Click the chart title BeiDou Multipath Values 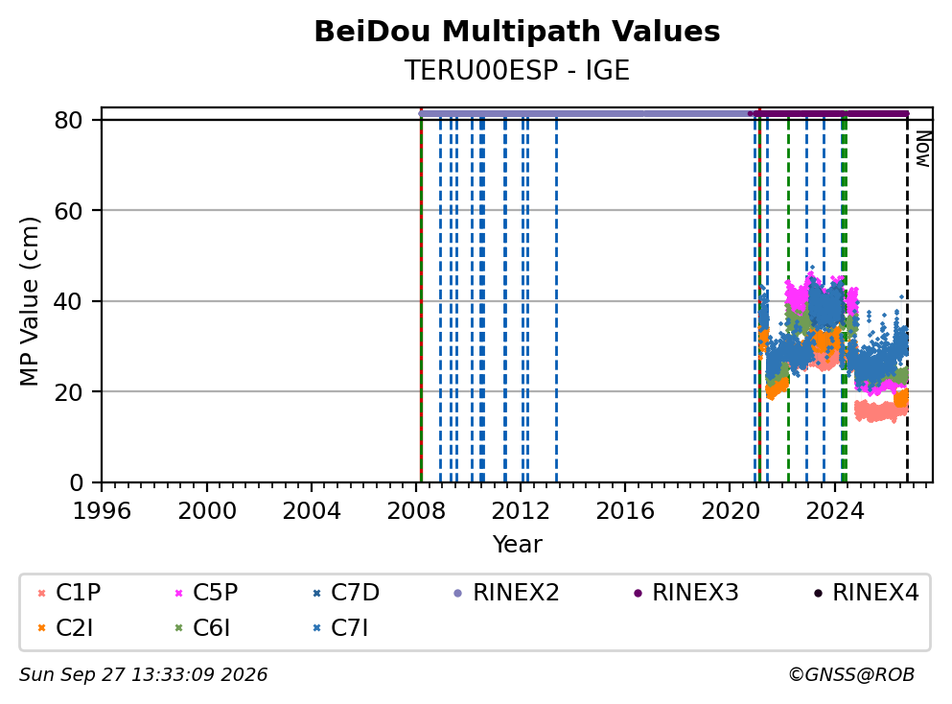tap(517, 32)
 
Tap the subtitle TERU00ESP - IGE tap(517, 70)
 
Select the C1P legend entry tap(69, 592)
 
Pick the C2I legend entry tap(65, 627)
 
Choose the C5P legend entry tap(206, 592)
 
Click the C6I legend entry tap(202, 627)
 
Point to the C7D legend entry tap(345, 592)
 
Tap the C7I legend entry tap(340, 627)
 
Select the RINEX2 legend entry tap(506, 592)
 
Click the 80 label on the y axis tap(68, 120)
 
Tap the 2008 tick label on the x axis tap(416, 511)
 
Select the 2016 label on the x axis tap(625, 511)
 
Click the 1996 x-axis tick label tap(102, 511)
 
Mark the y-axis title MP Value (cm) tap(29, 301)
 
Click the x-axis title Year tap(518, 544)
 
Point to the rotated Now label tap(923, 149)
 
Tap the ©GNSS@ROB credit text tap(851, 674)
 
